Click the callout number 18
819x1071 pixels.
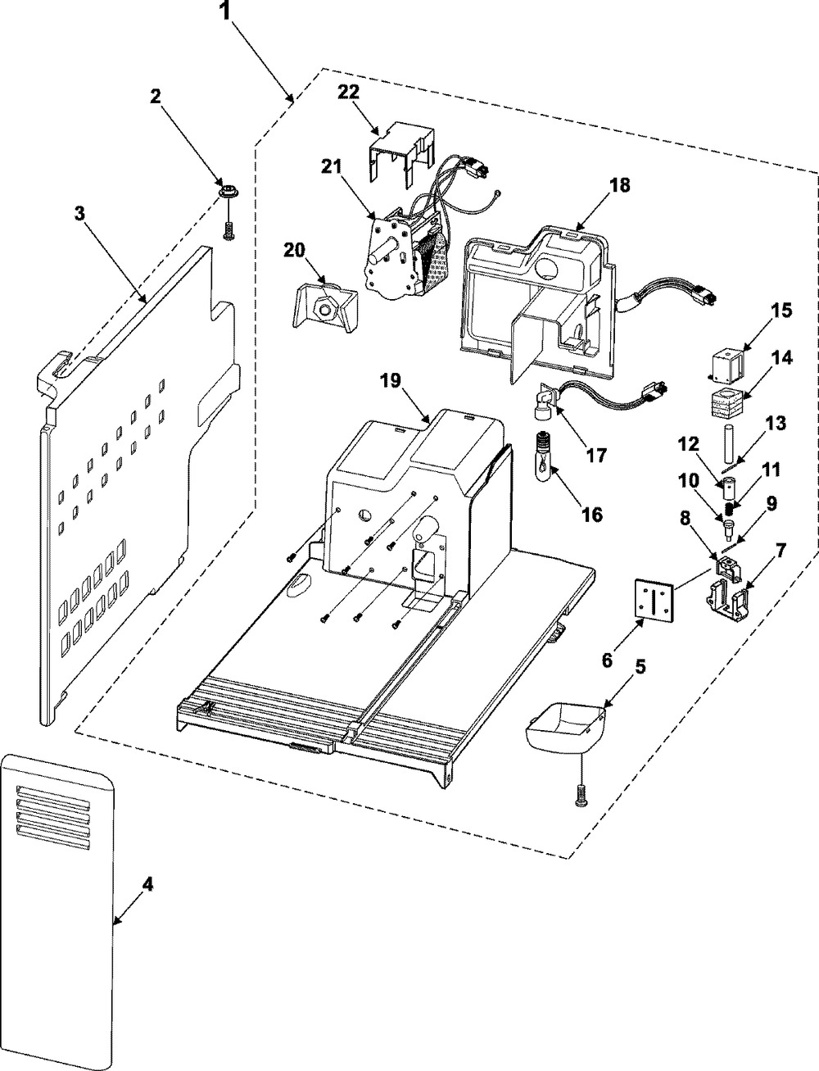click(619, 185)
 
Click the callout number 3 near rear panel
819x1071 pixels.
click(79, 214)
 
